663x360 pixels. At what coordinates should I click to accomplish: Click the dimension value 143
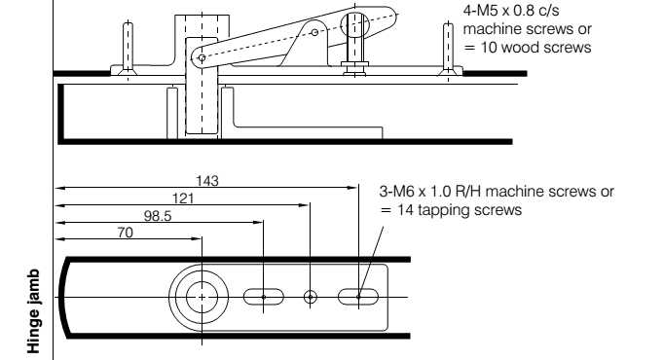207,181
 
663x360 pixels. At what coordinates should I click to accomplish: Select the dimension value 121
183,198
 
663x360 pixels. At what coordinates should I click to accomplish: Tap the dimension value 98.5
158,216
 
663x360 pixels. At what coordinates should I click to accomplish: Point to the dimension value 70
126,233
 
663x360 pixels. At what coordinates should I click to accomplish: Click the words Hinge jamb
33,311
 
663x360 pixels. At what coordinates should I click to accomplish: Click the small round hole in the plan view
311,297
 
